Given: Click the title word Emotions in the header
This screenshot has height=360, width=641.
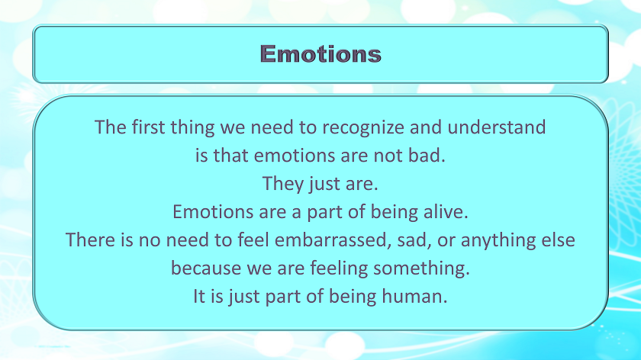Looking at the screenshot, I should (320, 54).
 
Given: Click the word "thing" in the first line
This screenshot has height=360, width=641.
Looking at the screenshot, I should (192, 127).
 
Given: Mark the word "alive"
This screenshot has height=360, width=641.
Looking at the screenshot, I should (443, 212).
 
